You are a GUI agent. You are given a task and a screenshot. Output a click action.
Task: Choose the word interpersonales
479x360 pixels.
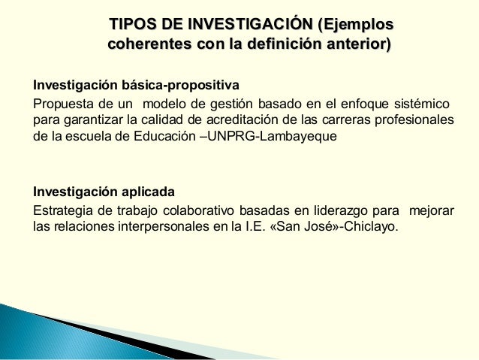(x=159, y=227)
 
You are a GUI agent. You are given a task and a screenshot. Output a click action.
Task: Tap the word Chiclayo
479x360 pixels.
(x=372, y=227)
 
